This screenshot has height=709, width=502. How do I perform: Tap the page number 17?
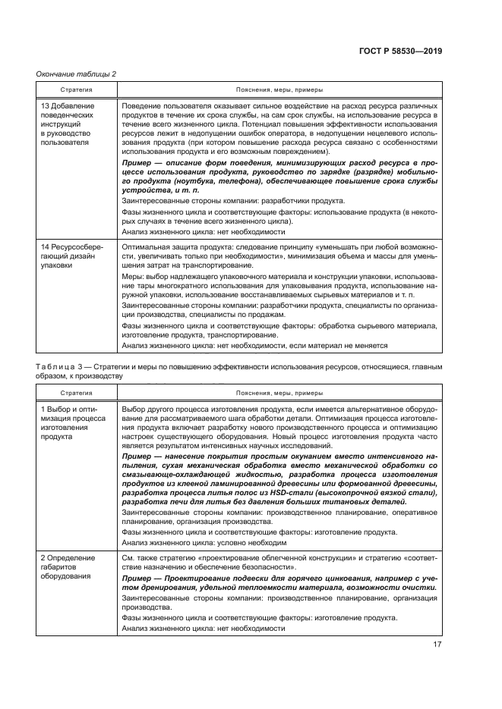(x=437, y=645)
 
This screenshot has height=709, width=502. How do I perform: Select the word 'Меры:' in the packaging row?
(x=133, y=277)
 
